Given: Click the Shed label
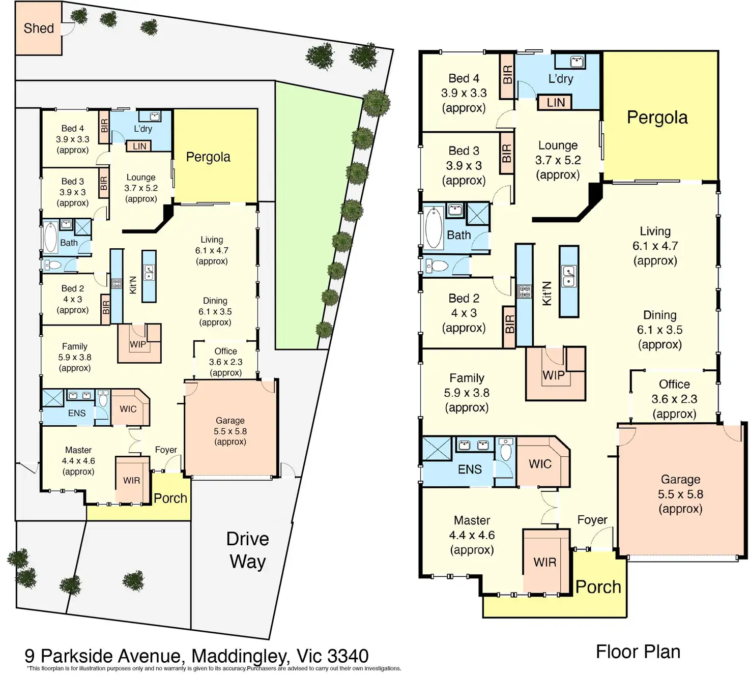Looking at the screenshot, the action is click(x=39, y=28).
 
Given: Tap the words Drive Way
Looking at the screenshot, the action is click(x=248, y=550).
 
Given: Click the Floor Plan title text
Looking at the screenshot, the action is click(x=638, y=652).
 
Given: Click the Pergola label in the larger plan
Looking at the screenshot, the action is click(x=657, y=117).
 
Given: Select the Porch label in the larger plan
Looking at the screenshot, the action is click(x=598, y=587).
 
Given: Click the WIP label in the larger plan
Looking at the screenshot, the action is click(x=553, y=375).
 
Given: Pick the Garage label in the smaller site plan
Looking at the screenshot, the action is click(x=230, y=421).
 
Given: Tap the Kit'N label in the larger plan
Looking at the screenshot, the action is click(x=547, y=293).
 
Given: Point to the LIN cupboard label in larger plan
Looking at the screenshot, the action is click(x=555, y=103).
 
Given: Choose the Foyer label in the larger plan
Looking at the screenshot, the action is click(x=592, y=520).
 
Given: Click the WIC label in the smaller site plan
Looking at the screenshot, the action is click(x=128, y=409).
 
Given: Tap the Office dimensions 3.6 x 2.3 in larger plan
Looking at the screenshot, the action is click(x=674, y=399).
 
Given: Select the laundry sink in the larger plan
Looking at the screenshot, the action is click(x=577, y=62).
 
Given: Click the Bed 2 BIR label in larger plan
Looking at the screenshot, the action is click(x=509, y=324).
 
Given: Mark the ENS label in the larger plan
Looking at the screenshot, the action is click(x=470, y=469).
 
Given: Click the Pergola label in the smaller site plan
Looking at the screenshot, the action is click(x=208, y=157).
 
